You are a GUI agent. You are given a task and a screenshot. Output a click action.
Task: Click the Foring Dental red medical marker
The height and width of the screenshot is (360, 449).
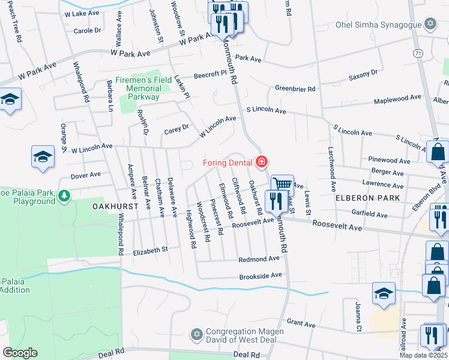(261, 162)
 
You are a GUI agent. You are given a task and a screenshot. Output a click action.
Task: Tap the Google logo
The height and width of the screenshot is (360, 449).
(20, 353)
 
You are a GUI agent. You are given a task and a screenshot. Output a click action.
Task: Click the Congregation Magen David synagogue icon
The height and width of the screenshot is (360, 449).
(196, 334)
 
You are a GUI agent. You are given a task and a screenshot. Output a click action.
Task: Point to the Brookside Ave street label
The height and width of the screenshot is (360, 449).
(260, 275)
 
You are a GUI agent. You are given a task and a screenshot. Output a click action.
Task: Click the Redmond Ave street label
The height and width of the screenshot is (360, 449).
(259, 259)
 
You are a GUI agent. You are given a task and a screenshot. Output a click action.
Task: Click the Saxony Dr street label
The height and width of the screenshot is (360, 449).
(363, 76)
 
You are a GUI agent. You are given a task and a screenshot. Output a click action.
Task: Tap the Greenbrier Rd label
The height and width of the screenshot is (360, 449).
(295, 89)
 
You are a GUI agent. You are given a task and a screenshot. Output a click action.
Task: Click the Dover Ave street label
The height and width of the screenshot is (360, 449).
(86, 176)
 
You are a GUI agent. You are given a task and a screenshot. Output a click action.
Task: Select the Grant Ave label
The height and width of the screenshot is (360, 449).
(301, 323)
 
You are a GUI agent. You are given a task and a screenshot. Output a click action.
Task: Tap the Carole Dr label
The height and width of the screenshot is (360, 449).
(88, 31)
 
